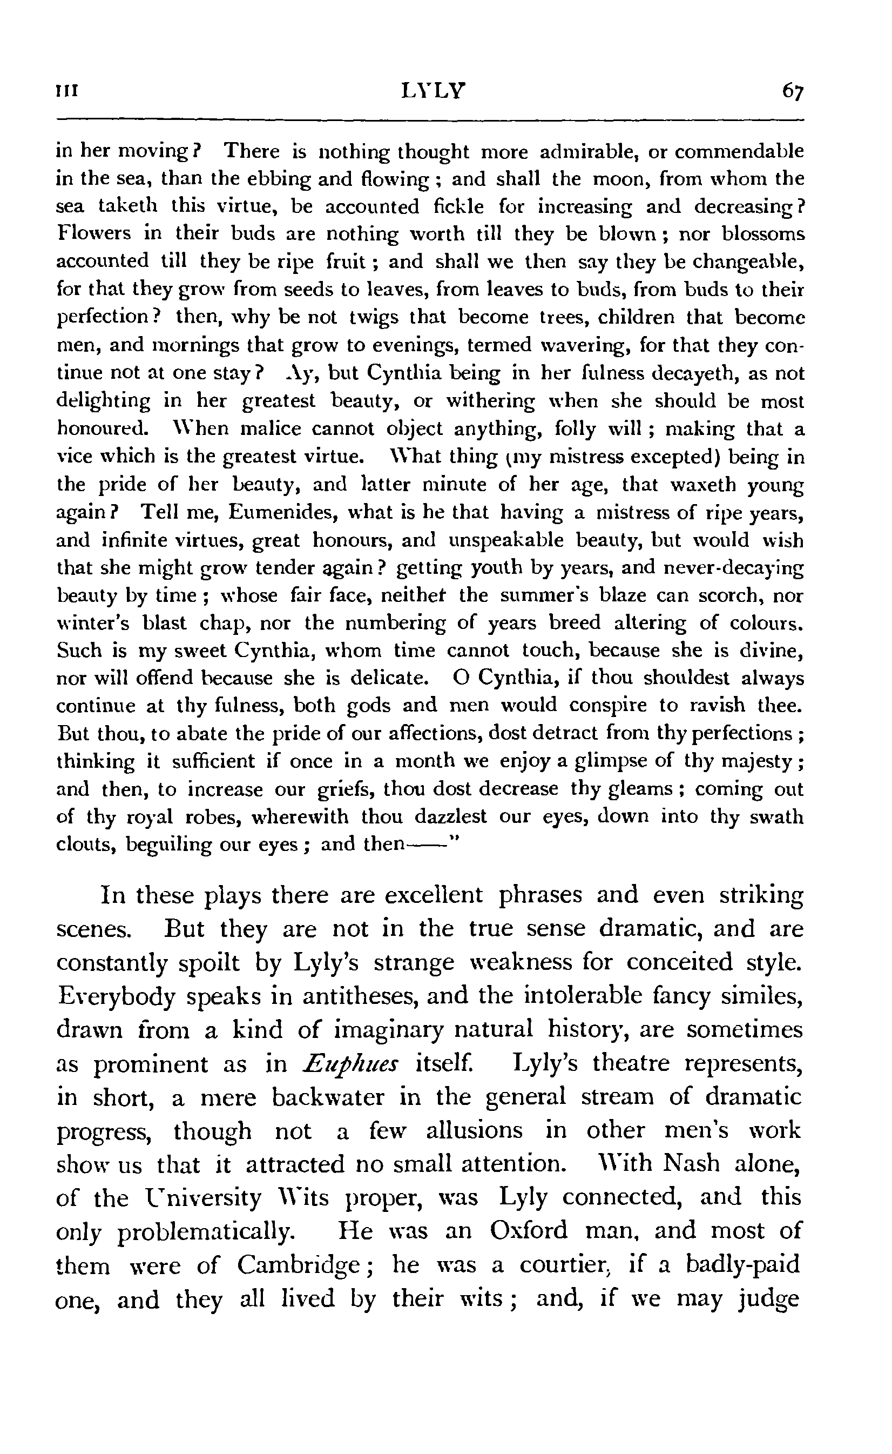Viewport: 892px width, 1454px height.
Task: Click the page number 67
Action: pos(792,91)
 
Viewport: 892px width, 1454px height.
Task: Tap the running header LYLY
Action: pos(433,90)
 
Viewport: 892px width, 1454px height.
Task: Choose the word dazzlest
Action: pos(451,816)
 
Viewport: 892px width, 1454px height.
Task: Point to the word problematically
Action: pos(205,1231)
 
